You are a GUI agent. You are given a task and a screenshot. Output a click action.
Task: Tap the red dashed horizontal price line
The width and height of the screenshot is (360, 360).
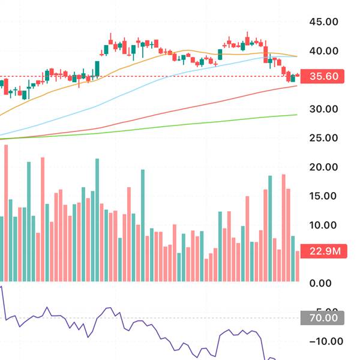150,77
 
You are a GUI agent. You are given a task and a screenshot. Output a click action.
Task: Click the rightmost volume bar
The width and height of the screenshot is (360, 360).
298,266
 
